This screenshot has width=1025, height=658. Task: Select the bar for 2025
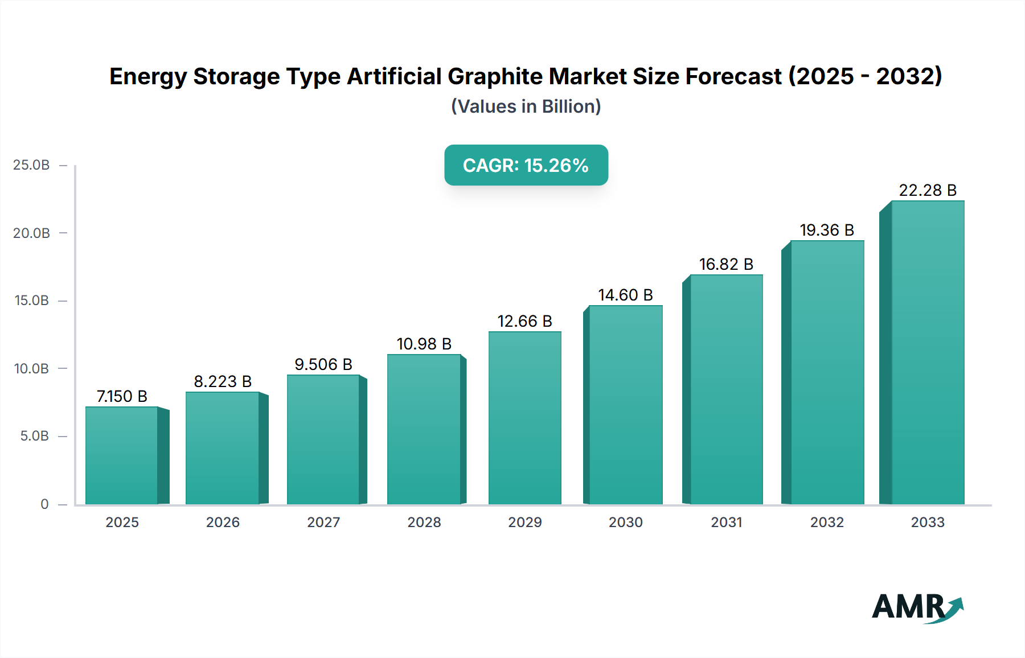(121, 455)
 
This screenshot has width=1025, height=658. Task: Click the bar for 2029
(524, 418)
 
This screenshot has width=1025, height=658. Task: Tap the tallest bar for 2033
(928, 353)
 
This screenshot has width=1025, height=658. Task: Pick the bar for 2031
(726, 390)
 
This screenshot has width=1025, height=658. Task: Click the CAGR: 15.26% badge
(526, 165)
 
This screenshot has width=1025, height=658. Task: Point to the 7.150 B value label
(122, 396)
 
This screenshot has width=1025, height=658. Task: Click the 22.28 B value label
(928, 190)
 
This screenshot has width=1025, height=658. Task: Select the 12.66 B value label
(524, 321)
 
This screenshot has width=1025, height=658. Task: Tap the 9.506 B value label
(323, 364)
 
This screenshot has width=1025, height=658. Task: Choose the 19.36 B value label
(827, 230)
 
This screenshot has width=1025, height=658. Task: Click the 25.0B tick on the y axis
(31, 165)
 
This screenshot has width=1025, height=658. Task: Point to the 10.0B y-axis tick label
(31, 369)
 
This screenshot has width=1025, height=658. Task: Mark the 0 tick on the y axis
(44, 504)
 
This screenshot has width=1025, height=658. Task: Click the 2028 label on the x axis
(424, 523)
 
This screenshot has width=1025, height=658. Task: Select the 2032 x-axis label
(827, 523)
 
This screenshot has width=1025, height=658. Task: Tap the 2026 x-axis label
(223, 523)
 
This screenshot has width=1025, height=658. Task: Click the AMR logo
(917, 608)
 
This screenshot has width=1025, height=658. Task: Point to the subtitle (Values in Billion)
(526, 106)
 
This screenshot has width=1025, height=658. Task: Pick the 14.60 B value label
(625, 295)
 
